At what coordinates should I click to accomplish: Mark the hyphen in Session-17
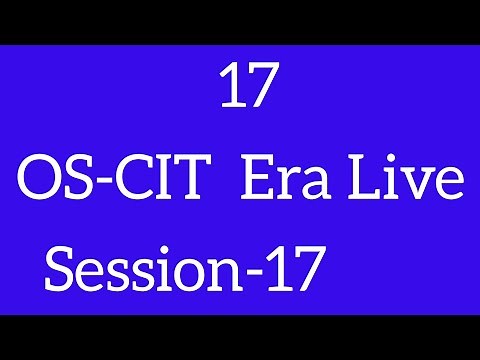point(262,273)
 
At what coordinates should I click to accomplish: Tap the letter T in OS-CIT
point(179,183)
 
